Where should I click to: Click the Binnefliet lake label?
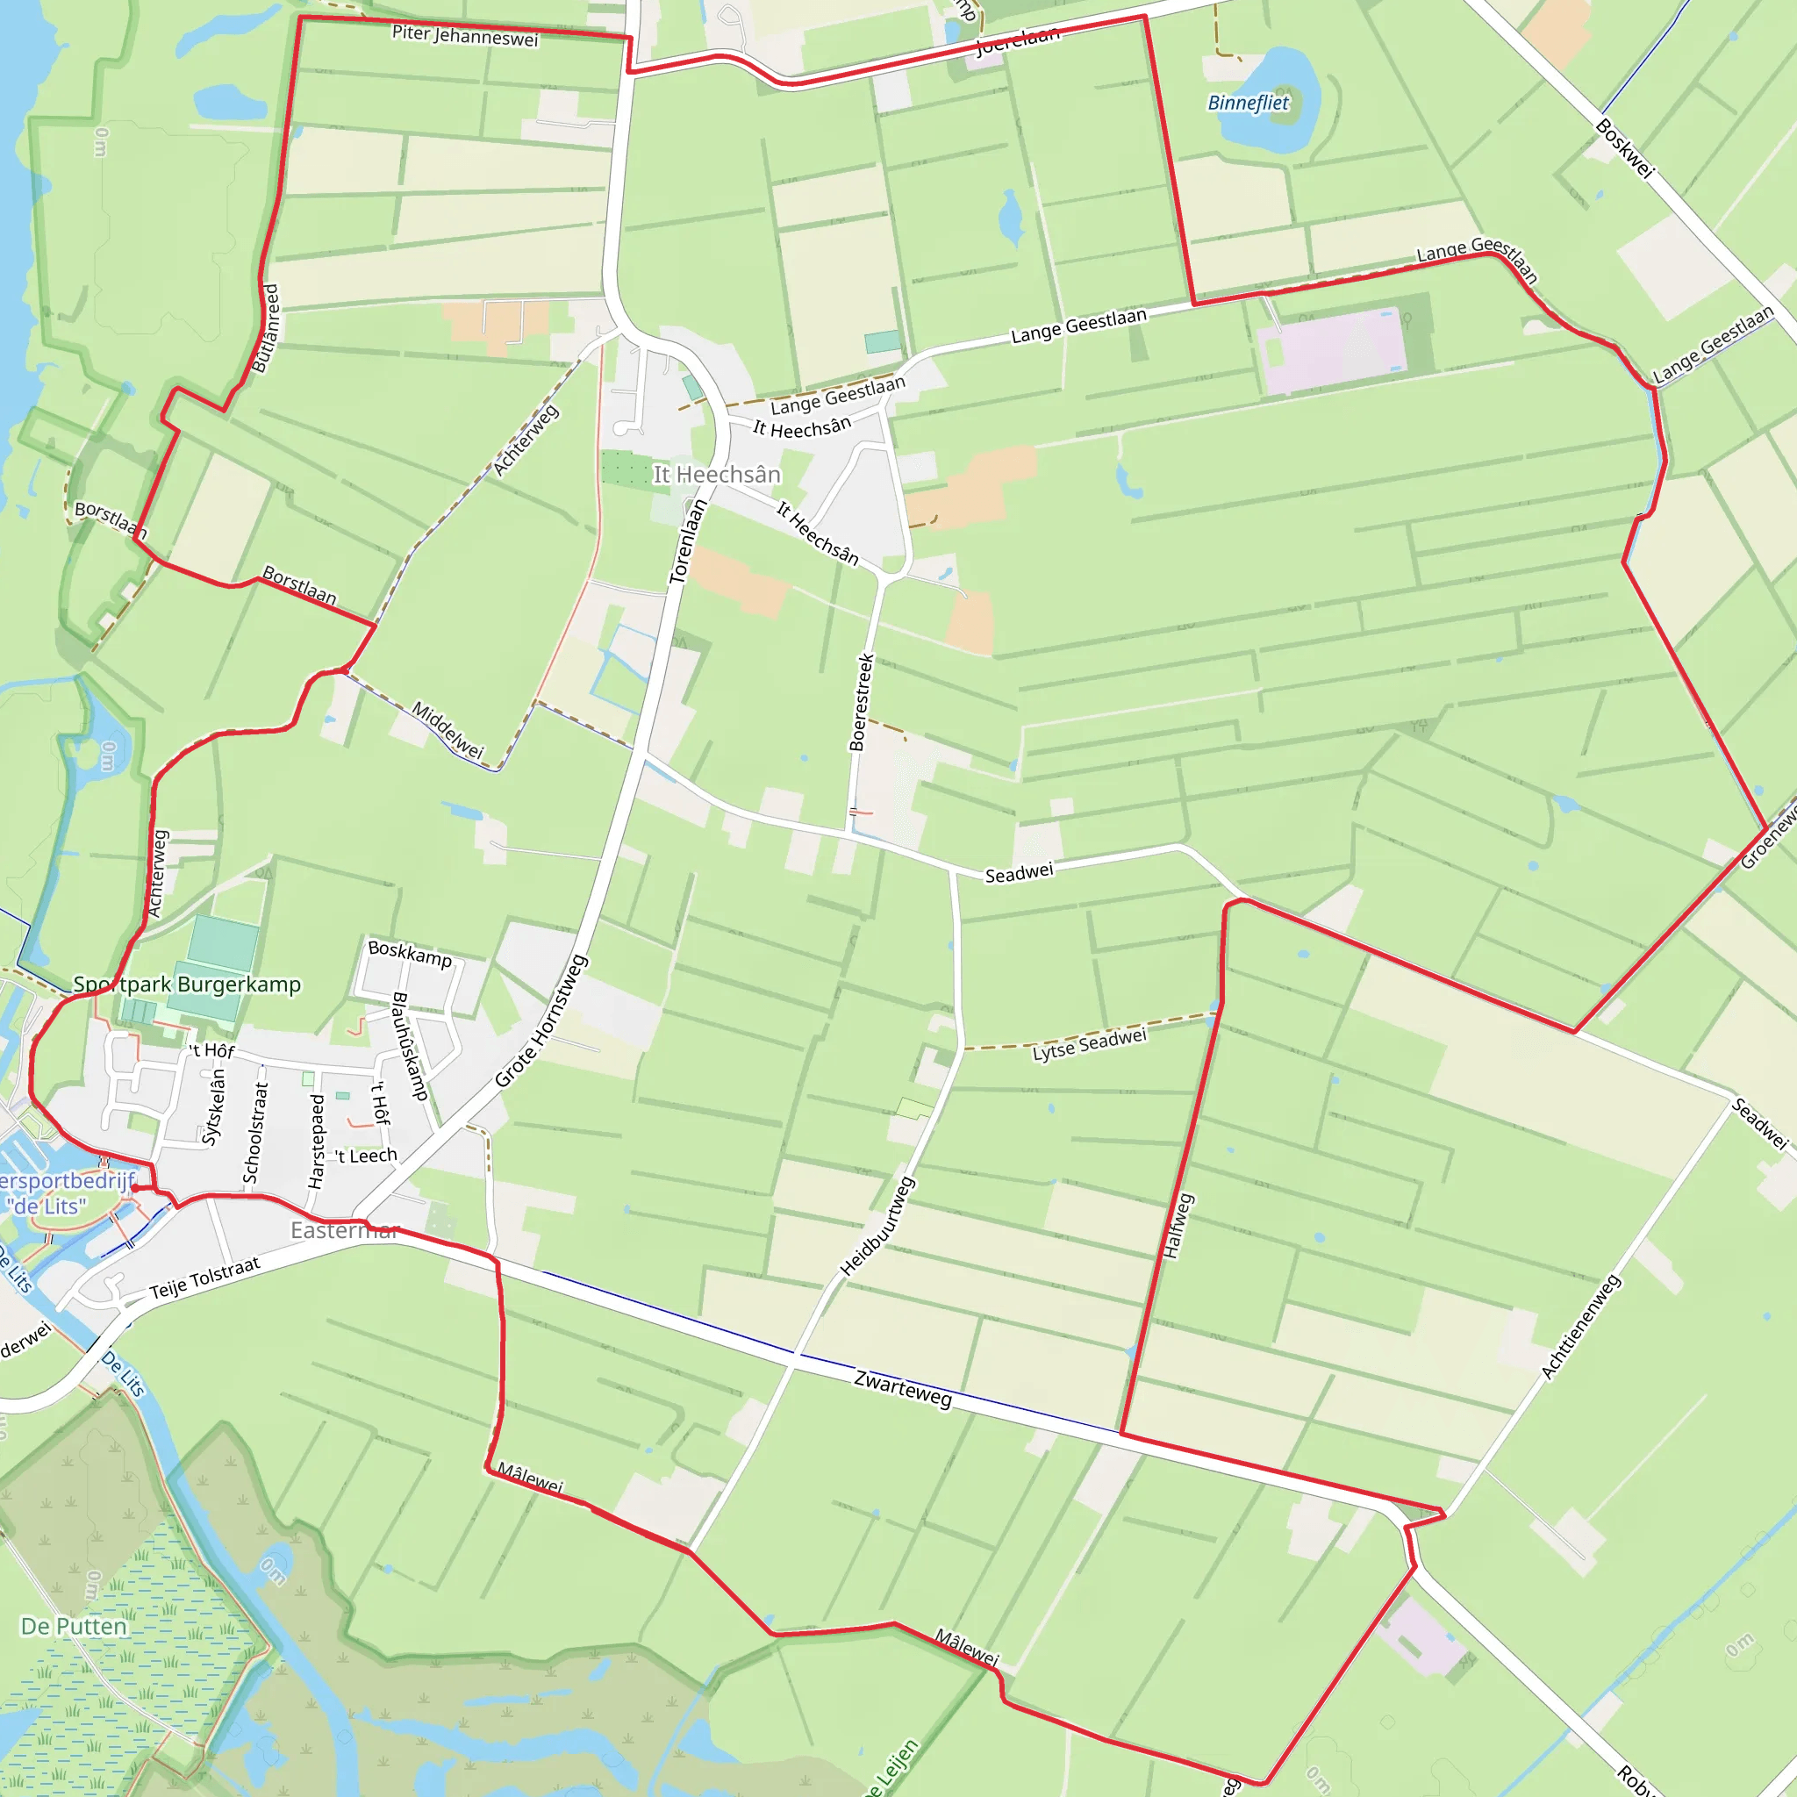pos(1248,104)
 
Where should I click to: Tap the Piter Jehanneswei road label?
pos(465,36)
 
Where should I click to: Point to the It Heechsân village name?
pos(716,476)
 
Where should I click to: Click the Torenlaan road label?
pos(688,541)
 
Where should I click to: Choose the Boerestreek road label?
pos(862,702)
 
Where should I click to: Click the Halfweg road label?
pos(1177,1226)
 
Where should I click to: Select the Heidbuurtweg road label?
pos(877,1226)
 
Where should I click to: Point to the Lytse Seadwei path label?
pos(1089,1044)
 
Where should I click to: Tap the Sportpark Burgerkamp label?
pos(187,984)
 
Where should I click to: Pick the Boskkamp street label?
pos(409,954)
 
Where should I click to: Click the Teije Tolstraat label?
pos(204,1277)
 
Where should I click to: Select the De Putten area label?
pos(74,1626)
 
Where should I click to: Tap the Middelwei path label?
pos(447,730)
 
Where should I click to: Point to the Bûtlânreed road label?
pos(265,328)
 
